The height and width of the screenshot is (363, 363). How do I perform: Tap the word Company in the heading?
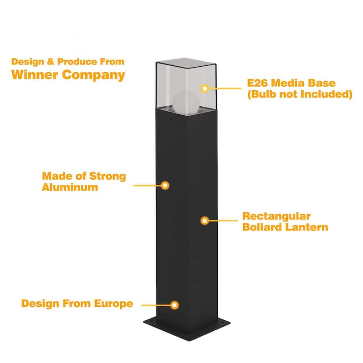[93, 75]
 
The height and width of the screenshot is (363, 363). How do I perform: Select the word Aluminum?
[70, 187]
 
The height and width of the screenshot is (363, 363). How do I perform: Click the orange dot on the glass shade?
[205, 88]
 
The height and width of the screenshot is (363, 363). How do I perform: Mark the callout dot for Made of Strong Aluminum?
[166, 185]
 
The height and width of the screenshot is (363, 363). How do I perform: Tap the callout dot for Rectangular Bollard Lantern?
[205, 221]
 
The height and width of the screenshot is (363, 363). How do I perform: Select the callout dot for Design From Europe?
[175, 305]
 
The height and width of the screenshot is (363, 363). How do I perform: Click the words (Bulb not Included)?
[299, 94]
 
